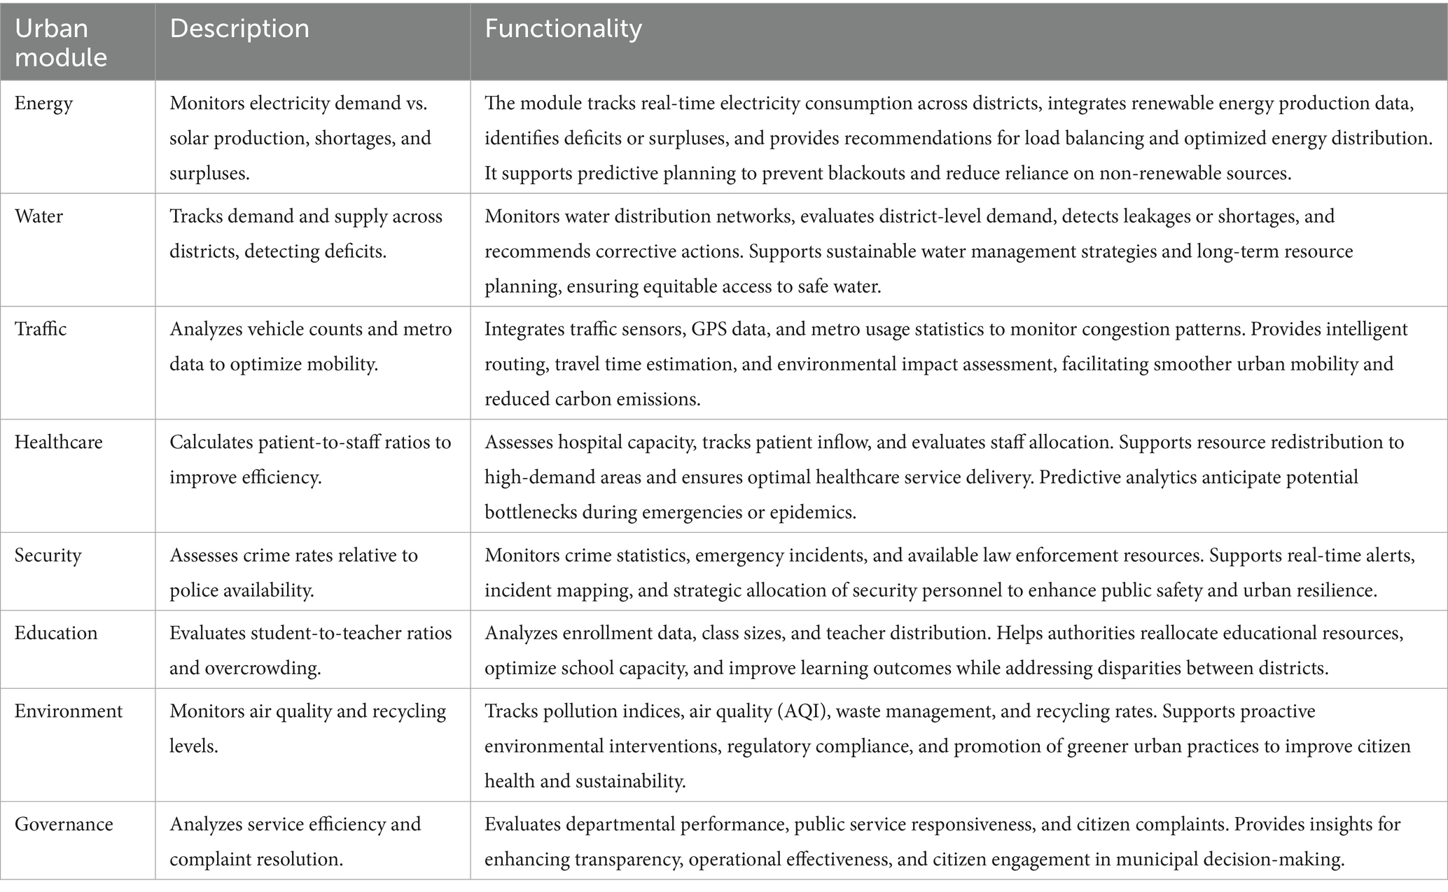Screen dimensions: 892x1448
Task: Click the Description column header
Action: point(239,29)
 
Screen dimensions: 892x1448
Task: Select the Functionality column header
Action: point(563,29)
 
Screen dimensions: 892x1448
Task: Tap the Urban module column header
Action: point(61,42)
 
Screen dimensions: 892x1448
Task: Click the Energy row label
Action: point(43,104)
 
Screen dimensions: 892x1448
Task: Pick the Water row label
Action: point(39,216)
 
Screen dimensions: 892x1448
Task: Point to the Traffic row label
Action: point(41,329)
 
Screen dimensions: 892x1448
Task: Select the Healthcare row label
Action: point(59,442)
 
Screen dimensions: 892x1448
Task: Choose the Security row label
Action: point(48,555)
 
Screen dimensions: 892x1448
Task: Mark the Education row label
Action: point(56,633)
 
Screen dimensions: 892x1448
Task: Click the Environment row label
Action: point(69,711)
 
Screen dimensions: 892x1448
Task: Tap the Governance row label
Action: point(64,824)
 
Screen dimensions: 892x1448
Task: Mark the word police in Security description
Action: point(193,590)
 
